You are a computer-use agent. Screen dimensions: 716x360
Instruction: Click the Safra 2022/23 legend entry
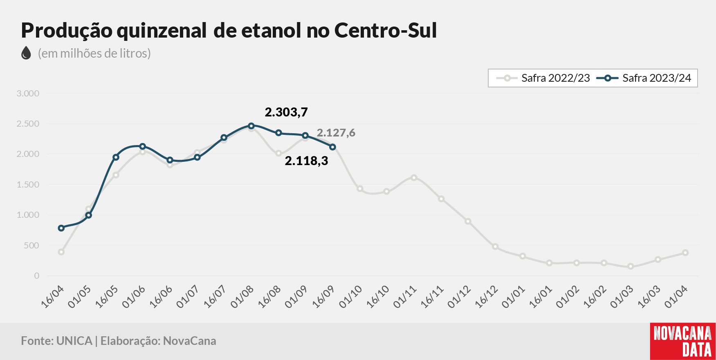click(x=543, y=78)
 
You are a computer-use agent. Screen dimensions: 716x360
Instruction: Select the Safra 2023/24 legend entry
click(x=644, y=78)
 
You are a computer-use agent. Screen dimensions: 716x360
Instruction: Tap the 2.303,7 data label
click(x=286, y=112)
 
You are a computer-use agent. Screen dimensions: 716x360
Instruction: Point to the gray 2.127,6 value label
click(x=336, y=133)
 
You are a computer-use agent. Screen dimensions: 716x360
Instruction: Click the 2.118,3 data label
click(x=307, y=161)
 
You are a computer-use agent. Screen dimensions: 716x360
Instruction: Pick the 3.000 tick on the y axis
click(x=28, y=94)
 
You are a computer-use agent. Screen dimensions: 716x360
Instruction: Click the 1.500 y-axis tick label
click(x=28, y=185)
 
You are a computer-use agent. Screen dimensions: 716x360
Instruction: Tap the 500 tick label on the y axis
click(x=31, y=246)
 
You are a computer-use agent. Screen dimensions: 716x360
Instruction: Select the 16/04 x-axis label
click(x=53, y=297)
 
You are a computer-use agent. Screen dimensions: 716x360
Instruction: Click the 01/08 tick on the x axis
click(x=242, y=297)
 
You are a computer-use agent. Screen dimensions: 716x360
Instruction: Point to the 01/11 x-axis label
click(x=405, y=297)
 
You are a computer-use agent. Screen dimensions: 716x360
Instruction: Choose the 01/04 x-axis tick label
click(x=676, y=297)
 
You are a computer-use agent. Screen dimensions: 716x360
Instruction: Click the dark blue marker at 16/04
click(x=61, y=228)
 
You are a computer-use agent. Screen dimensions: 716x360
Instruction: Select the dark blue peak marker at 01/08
click(x=251, y=126)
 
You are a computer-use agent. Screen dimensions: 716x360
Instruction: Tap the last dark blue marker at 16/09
click(x=332, y=147)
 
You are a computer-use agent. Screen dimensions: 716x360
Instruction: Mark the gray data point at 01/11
click(x=414, y=178)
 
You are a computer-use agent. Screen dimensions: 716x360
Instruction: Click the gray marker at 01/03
click(x=631, y=266)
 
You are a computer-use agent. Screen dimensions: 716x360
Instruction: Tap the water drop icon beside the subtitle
click(x=26, y=53)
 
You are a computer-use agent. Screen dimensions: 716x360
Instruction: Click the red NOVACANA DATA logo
click(x=683, y=342)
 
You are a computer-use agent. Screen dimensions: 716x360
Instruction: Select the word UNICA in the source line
click(x=74, y=341)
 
